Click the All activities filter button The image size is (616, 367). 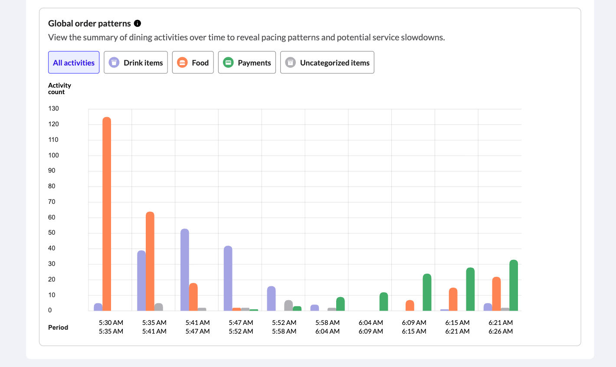74,62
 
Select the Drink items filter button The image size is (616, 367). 136,62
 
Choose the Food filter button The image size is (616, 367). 193,62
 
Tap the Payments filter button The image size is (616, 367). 247,62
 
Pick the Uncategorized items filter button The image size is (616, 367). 327,62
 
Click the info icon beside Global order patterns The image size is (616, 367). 138,23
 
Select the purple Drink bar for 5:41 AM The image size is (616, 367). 185,269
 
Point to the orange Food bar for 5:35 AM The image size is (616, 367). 150,261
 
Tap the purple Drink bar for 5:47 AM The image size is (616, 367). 228,278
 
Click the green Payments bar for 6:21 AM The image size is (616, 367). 514,285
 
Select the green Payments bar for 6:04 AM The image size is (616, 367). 383,301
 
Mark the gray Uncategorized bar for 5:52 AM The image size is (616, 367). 288,305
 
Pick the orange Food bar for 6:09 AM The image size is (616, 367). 410,305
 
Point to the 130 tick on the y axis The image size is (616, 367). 53,108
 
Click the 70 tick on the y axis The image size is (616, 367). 52,202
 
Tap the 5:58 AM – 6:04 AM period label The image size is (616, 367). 328,327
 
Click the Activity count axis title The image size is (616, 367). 59,88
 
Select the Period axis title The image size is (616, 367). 58,328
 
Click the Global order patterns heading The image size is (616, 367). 89,23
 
